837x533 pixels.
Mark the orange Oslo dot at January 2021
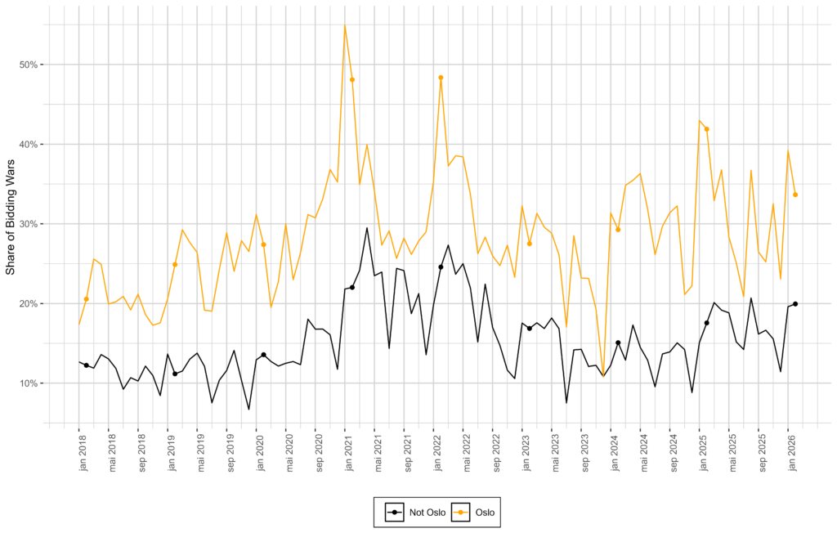tap(352, 79)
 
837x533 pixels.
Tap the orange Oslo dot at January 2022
tap(441, 78)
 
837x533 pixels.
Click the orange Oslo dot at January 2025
tap(706, 129)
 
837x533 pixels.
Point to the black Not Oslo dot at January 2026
tap(795, 304)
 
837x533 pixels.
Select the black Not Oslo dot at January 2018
tap(86, 365)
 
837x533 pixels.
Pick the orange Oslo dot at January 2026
tap(795, 195)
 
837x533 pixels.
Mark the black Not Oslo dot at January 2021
tap(352, 287)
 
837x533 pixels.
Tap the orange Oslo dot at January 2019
tap(175, 264)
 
